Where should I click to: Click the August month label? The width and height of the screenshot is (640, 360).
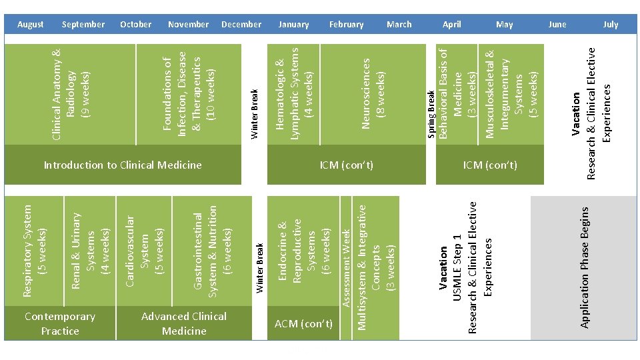30,25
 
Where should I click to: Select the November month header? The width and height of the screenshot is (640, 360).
188,25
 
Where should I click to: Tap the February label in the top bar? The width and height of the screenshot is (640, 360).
346,25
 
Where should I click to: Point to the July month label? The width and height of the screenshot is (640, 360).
611,25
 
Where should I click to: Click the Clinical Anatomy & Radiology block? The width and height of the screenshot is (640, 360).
70,93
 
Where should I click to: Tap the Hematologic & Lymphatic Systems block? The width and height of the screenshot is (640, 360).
293,93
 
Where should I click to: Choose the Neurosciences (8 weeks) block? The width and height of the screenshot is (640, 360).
373,93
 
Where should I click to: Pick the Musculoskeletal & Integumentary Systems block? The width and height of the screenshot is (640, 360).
511,93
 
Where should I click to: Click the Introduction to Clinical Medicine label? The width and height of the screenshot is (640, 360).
122,165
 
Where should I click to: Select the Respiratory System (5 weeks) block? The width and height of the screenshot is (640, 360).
34,251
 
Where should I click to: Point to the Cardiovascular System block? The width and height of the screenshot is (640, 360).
145,251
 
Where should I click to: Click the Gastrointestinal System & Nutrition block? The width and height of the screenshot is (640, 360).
213,251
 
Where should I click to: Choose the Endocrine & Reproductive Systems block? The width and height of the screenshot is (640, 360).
303,251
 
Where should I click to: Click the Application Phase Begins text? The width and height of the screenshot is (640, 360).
584,267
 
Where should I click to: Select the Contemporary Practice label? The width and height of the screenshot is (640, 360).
60,323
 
